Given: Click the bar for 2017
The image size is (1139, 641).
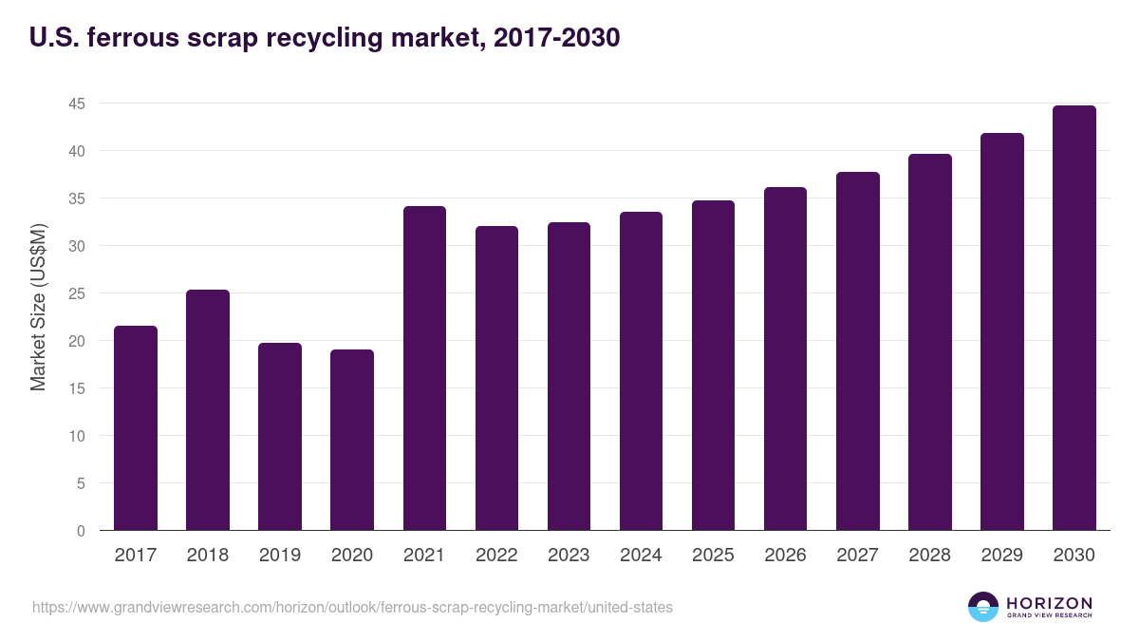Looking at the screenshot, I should point(136,428).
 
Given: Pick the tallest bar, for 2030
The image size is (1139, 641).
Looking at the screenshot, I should point(1074,318).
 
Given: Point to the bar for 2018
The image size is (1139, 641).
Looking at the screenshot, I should point(208,410).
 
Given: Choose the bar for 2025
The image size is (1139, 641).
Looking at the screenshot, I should point(713,366).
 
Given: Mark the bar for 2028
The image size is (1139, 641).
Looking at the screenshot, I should point(929,342).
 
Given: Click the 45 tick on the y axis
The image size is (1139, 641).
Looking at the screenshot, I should point(77,104).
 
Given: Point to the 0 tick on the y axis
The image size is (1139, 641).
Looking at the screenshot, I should point(81,531).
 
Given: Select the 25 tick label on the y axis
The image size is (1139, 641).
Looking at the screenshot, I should point(77,293).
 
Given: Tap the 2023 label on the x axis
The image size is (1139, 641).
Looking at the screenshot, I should point(569,556).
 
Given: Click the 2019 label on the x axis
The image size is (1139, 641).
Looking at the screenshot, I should point(280,556).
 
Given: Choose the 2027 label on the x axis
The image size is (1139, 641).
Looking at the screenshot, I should point(857,556).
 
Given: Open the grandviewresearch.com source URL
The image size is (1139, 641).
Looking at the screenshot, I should point(352,607).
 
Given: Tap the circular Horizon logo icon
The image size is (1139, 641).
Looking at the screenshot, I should point(983,607).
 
